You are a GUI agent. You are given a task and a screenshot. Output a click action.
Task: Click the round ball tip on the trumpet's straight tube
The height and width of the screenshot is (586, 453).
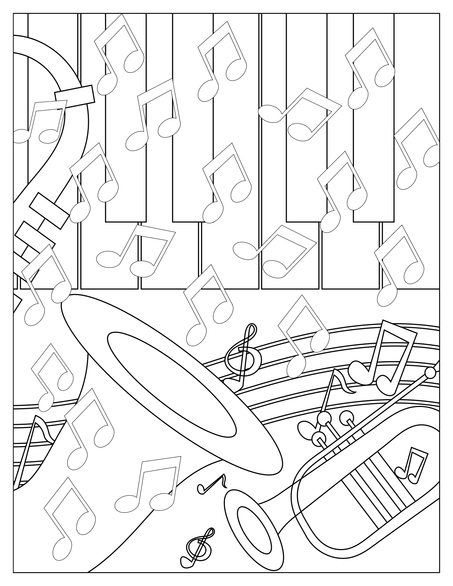430,373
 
